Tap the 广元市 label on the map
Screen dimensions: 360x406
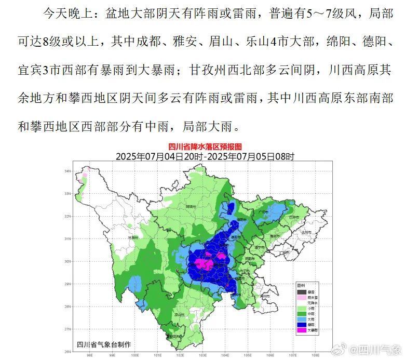[264, 212]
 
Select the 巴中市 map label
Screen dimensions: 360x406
[294, 217]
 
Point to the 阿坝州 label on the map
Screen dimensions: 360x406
[191, 207]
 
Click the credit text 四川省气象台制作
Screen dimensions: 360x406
[104, 344]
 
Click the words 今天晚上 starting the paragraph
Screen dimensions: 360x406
[63, 14]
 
